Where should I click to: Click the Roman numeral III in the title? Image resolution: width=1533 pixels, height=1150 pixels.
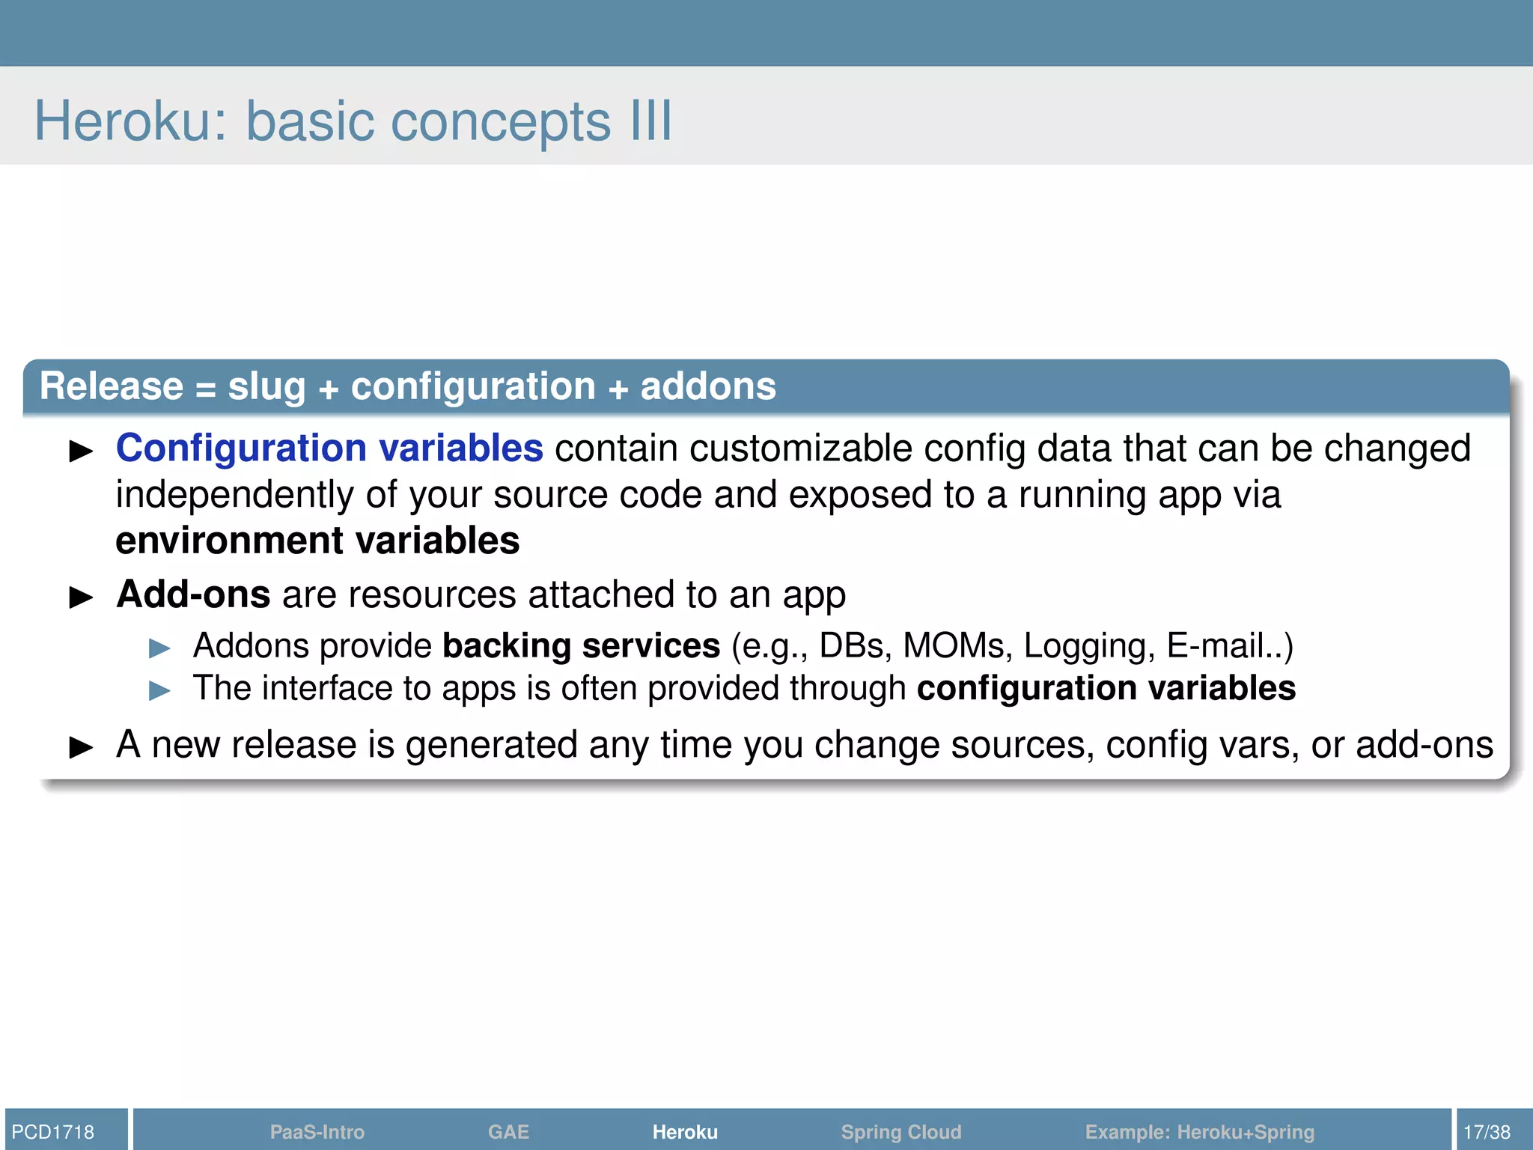650,121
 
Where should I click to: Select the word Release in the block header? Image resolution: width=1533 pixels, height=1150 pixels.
112,386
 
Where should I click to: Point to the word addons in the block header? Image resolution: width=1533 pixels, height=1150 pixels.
708,386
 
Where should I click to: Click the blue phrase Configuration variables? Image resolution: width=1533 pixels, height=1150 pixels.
329,448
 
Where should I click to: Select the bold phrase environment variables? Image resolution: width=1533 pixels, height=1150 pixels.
317,541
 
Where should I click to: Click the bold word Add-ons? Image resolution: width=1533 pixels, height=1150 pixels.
193,594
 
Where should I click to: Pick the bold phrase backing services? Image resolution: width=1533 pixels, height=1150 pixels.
581,646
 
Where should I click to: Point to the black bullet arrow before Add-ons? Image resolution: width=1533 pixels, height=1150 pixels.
81,597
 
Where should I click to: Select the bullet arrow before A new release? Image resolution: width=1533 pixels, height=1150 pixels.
81,747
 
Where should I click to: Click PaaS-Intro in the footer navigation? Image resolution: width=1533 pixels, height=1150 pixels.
317,1131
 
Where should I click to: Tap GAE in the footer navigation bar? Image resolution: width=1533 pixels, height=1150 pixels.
508,1131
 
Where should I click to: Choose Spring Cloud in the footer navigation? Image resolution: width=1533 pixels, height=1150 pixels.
900,1131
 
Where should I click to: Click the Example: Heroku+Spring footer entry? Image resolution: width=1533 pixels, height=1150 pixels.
1199,1131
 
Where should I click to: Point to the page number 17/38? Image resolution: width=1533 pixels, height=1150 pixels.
1487,1131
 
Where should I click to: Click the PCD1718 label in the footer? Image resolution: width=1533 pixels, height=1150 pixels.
53,1131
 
